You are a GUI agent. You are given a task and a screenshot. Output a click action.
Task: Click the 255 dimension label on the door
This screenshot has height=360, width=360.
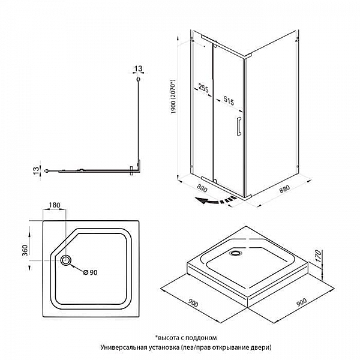point(203,88)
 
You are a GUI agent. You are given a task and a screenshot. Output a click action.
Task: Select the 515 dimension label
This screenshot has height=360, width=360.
point(229,101)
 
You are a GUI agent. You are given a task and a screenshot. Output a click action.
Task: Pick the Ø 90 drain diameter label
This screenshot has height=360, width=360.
point(90,272)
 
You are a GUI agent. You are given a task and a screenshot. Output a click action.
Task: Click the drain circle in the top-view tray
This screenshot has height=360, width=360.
point(66,260)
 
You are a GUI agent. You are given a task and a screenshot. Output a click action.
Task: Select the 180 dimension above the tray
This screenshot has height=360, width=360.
point(55,205)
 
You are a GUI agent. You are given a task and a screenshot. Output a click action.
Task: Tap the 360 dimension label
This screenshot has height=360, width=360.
point(25,250)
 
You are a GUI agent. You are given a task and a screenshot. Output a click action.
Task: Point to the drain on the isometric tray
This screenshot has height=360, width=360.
point(236,253)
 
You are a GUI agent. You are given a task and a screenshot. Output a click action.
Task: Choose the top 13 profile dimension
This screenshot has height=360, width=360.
point(138,68)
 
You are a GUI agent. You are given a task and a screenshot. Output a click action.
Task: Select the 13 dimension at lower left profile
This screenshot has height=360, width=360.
point(36,170)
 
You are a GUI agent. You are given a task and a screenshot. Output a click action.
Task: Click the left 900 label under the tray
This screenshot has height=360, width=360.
point(193,303)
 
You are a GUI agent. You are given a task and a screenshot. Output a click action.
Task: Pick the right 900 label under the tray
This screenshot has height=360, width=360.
point(301,302)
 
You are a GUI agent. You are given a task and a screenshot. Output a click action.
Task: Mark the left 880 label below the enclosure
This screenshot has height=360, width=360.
point(202,188)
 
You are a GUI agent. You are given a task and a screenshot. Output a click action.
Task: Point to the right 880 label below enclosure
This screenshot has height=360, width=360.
point(284,188)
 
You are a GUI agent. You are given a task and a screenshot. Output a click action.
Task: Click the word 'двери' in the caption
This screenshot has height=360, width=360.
point(260,347)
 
